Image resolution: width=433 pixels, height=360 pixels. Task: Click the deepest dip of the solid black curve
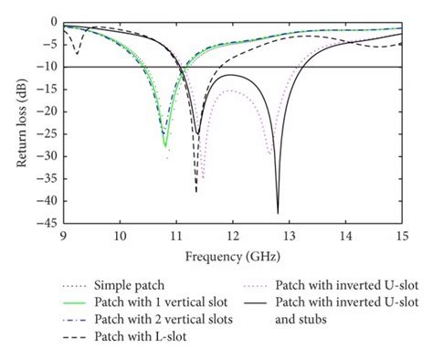coord(278,213)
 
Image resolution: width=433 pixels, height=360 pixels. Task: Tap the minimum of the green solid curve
coord(164,145)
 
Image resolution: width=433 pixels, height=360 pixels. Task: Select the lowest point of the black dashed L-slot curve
coord(195,191)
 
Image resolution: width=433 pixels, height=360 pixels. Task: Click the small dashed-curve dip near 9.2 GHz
coord(77,54)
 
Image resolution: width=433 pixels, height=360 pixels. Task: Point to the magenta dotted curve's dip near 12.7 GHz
coord(270,154)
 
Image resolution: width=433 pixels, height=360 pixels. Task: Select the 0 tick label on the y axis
coord(53,22)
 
